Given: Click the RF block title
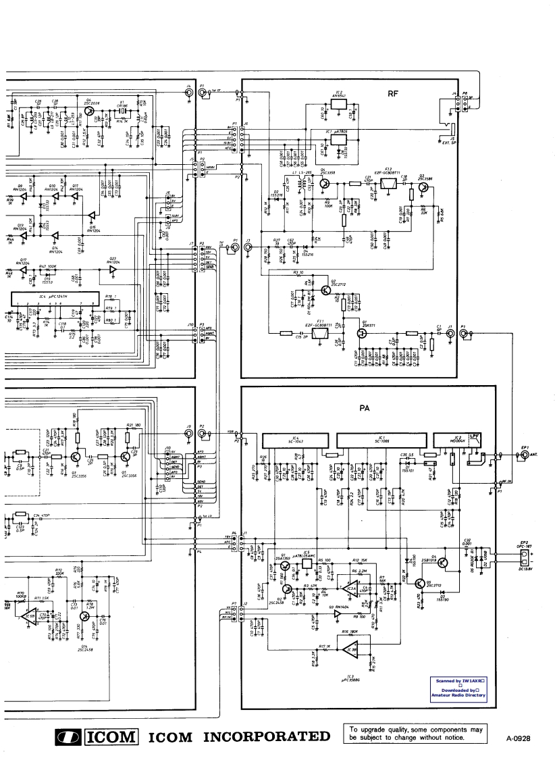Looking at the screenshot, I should [392, 95].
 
